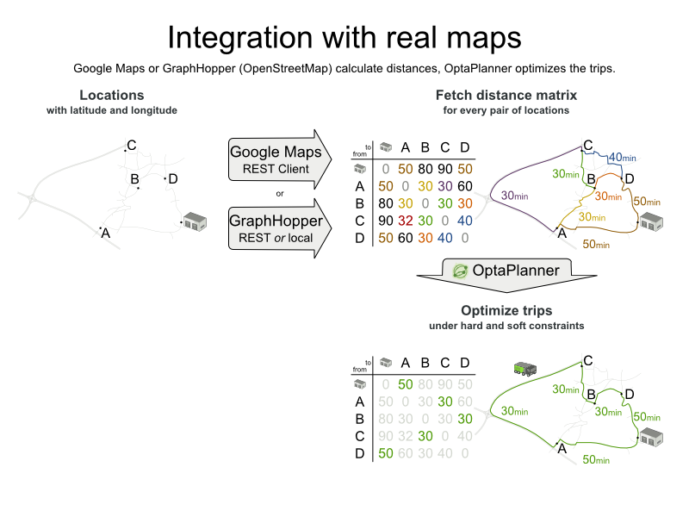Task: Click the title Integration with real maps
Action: click(344, 38)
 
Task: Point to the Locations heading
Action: click(112, 95)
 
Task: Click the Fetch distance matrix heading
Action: click(506, 95)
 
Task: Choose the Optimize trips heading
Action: click(506, 310)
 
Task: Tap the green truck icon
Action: click(525, 370)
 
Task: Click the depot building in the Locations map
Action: click(196, 222)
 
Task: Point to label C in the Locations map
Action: click(131, 146)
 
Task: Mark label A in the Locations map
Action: click(106, 232)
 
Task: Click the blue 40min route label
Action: click(622, 158)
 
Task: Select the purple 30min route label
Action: click(514, 196)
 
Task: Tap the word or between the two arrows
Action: click(279, 192)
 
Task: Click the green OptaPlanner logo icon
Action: click(460, 271)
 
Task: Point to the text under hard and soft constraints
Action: click(506, 326)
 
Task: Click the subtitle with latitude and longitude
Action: click(112, 110)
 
